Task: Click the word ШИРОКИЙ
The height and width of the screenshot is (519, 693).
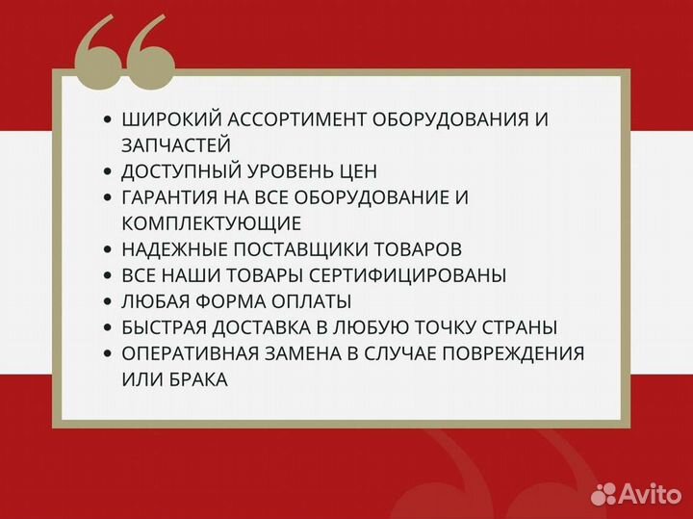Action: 169,119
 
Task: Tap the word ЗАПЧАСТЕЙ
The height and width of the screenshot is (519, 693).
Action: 176,145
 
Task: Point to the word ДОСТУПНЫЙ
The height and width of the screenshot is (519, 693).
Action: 180,171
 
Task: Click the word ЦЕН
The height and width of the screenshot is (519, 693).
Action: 356,171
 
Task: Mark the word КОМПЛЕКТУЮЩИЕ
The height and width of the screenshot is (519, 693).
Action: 212,223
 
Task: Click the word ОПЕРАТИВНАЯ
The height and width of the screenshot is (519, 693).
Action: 187,353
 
